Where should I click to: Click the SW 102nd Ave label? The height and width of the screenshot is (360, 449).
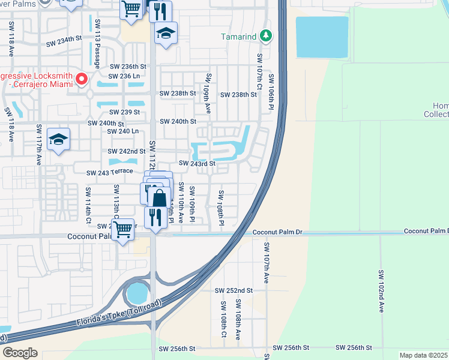[381, 291]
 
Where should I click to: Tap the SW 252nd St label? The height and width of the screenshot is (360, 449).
[234, 290]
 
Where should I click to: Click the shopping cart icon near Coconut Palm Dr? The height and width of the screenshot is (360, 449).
[122, 229]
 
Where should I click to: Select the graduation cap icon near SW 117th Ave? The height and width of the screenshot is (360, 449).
[58, 139]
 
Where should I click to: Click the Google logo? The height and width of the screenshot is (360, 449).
[20, 353]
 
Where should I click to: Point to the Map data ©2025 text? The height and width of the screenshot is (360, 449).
[424, 355]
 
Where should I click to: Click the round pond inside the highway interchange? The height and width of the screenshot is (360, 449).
[136, 294]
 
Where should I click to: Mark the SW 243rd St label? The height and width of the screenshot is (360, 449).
[197, 163]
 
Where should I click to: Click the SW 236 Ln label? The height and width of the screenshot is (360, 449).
[124, 76]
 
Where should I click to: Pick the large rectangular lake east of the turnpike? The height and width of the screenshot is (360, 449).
[322, 37]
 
